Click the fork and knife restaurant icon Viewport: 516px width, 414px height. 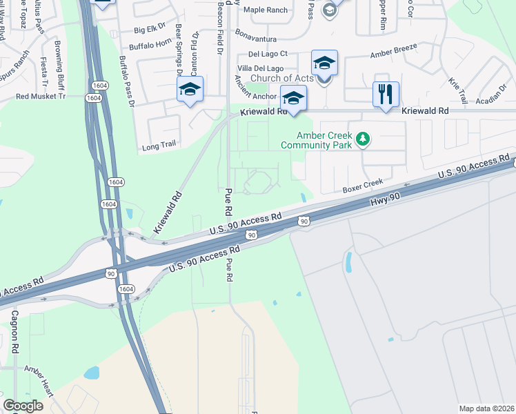386,93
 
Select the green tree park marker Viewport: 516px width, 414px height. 363,140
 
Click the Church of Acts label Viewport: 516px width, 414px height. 281,78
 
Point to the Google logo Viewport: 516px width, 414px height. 23,406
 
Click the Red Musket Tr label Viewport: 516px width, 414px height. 40,97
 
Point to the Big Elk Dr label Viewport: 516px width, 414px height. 151,30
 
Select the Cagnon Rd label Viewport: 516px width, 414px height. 14,331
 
